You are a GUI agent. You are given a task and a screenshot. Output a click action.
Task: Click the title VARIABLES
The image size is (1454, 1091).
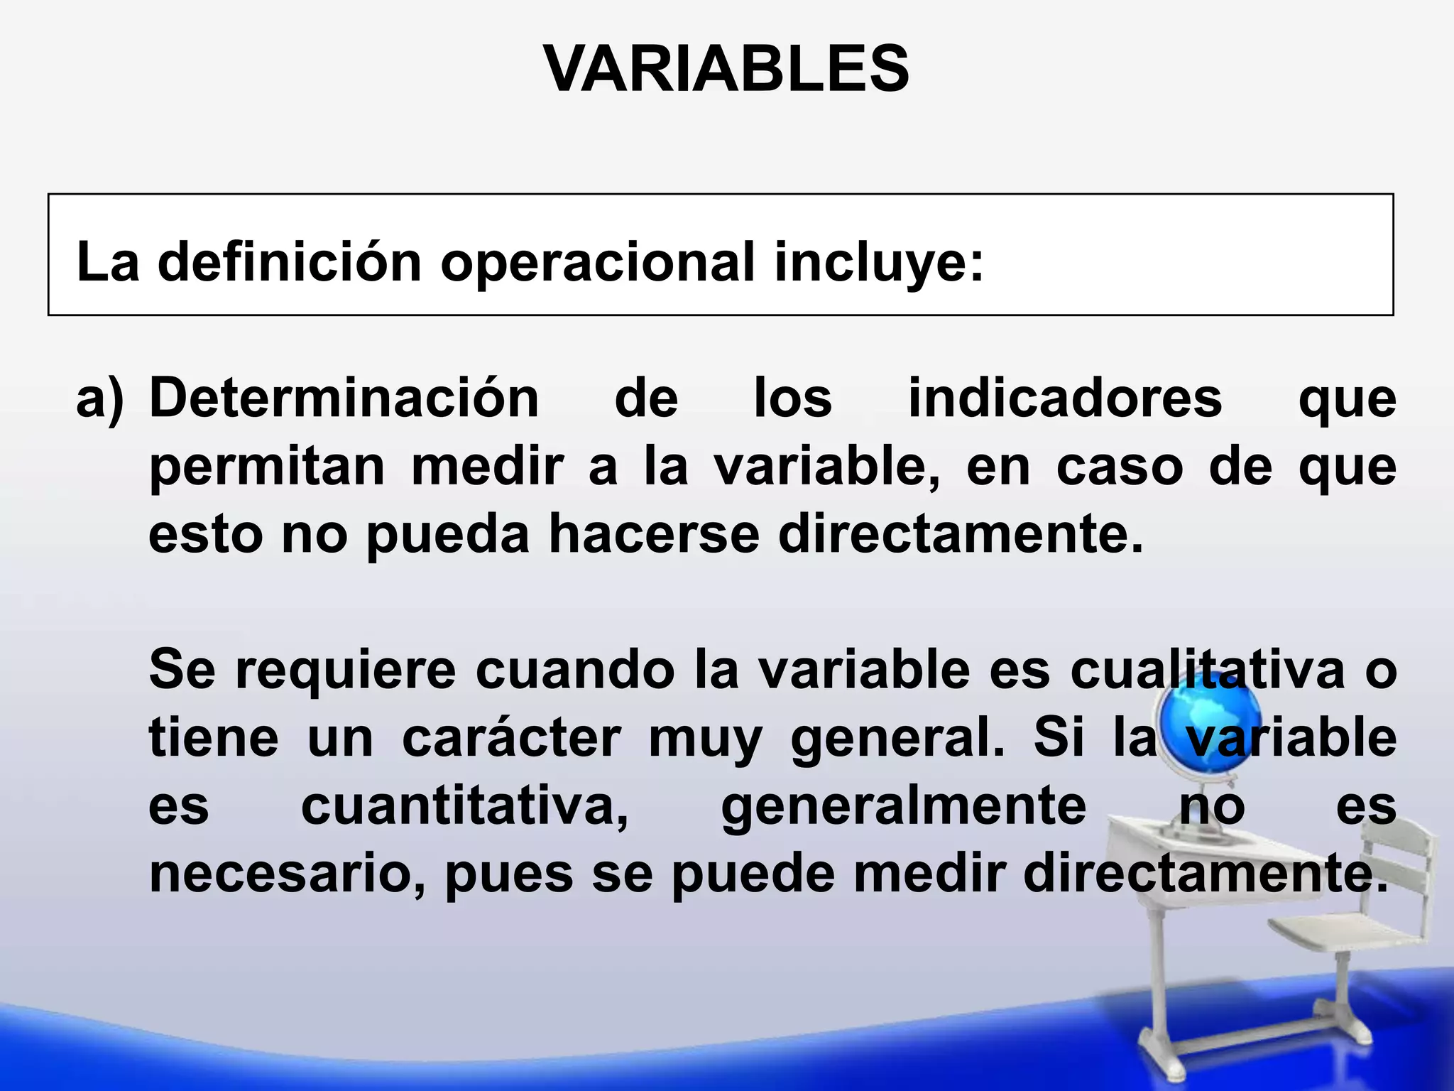726,69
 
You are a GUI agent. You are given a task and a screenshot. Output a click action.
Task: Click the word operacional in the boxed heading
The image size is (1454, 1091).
597,262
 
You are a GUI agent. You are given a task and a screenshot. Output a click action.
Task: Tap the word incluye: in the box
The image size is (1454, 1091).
879,262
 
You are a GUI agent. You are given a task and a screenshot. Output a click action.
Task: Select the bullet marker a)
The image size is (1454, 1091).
100,398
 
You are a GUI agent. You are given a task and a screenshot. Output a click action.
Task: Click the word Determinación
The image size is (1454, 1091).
344,398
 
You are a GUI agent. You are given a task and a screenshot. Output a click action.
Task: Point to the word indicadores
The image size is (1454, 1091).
1065,398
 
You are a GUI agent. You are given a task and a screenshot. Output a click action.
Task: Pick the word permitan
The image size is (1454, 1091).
267,467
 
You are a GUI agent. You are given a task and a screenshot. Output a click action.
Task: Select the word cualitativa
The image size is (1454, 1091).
1207,671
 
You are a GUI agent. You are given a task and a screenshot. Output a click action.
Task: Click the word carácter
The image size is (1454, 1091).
511,739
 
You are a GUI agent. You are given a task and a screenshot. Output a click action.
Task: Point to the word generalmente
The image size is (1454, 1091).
903,807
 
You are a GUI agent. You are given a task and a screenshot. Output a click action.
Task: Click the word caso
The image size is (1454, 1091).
1120,467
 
